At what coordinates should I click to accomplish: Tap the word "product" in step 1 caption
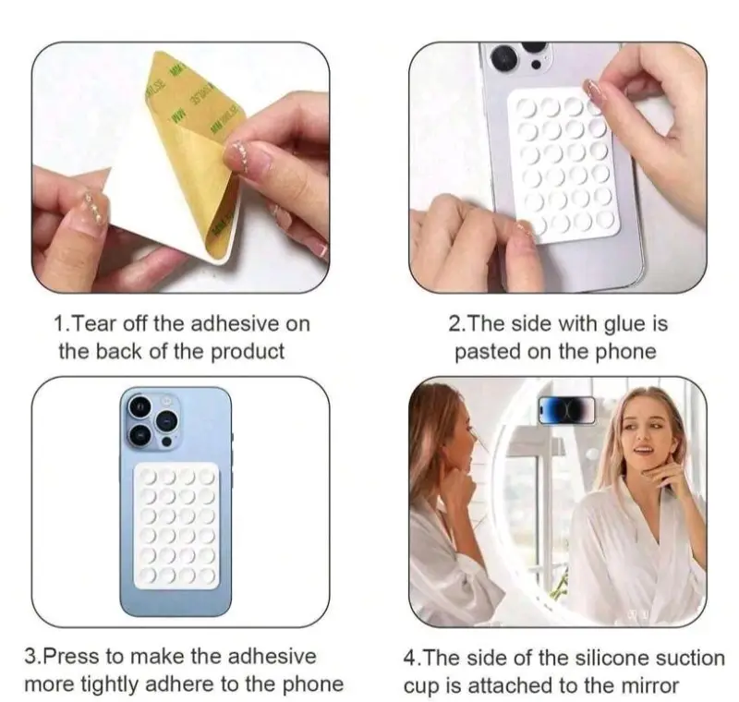[x=246, y=351]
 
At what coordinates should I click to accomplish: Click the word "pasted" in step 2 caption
[x=489, y=351]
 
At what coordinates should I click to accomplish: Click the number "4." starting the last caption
[x=413, y=659]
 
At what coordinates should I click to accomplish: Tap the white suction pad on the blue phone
[x=176, y=526]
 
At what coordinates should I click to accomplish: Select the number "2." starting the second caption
[x=458, y=324]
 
